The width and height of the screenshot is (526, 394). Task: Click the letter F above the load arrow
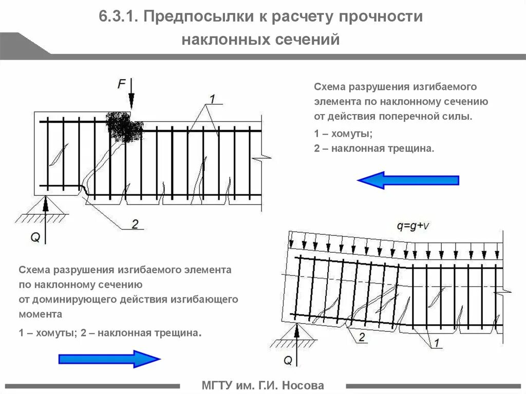coord(121,84)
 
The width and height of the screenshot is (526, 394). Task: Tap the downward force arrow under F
coord(131,95)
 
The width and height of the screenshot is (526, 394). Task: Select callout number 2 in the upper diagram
coord(135,224)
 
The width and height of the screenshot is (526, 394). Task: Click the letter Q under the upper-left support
coord(35,237)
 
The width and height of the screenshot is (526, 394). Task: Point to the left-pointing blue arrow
coord(408,180)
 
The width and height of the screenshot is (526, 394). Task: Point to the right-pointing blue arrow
coord(109,359)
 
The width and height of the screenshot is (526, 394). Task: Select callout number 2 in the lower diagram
coord(361,337)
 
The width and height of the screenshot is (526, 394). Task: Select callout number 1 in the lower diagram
coord(436,343)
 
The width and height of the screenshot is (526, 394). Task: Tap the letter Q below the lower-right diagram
coord(288,360)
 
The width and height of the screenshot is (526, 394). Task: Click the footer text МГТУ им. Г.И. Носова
coord(263,385)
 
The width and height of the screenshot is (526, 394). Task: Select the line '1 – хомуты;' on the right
coord(343,134)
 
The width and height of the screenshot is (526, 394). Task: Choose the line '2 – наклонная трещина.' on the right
coord(374,148)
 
